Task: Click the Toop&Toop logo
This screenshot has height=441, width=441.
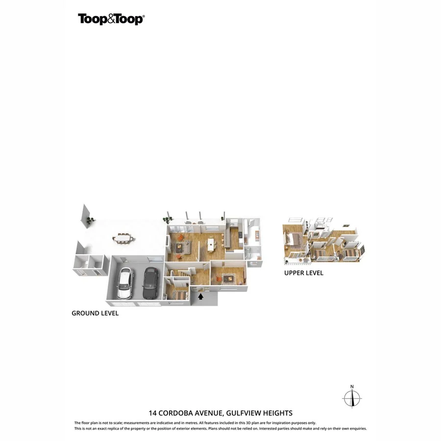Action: pyautogui.click(x=111, y=19)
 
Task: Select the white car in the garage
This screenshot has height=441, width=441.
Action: pyautogui.click(x=124, y=284)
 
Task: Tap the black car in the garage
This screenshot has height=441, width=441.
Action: pyautogui.click(x=149, y=284)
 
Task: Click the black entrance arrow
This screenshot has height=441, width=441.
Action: pyautogui.click(x=200, y=295)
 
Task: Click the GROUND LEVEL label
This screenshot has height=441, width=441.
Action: pyautogui.click(x=95, y=313)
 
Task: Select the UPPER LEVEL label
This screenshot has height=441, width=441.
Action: pyautogui.click(x=304, y=273)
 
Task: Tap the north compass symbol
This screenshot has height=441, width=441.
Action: pyautogui.click(x=352, y=398)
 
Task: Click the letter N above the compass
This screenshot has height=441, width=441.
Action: pyautogui.click(x=352, y=387)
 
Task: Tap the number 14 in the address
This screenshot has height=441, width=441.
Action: pyautogui.click(x=152, y=413)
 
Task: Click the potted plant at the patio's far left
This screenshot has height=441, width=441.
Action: pyautogui.click(x=88, y=221)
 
